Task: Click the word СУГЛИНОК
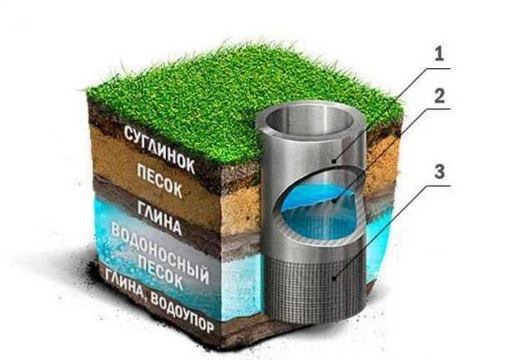[x=159, y=149]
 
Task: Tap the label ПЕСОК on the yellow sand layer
[x=159, y=181]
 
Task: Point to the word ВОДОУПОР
[x=181, y=312]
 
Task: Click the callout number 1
[x=439, y=54]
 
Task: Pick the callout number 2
[x=439, y=96]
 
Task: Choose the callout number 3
[x=439, y=172]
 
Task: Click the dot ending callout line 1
[x=335, y=161]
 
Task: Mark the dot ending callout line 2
[x=335, y=200]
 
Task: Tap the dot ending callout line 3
[x=335, y=279]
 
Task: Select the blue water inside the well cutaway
[x=317, y=215]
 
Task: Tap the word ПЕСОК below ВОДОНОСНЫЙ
[x=161, y=273]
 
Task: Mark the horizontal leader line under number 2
[x=433, y=109]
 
